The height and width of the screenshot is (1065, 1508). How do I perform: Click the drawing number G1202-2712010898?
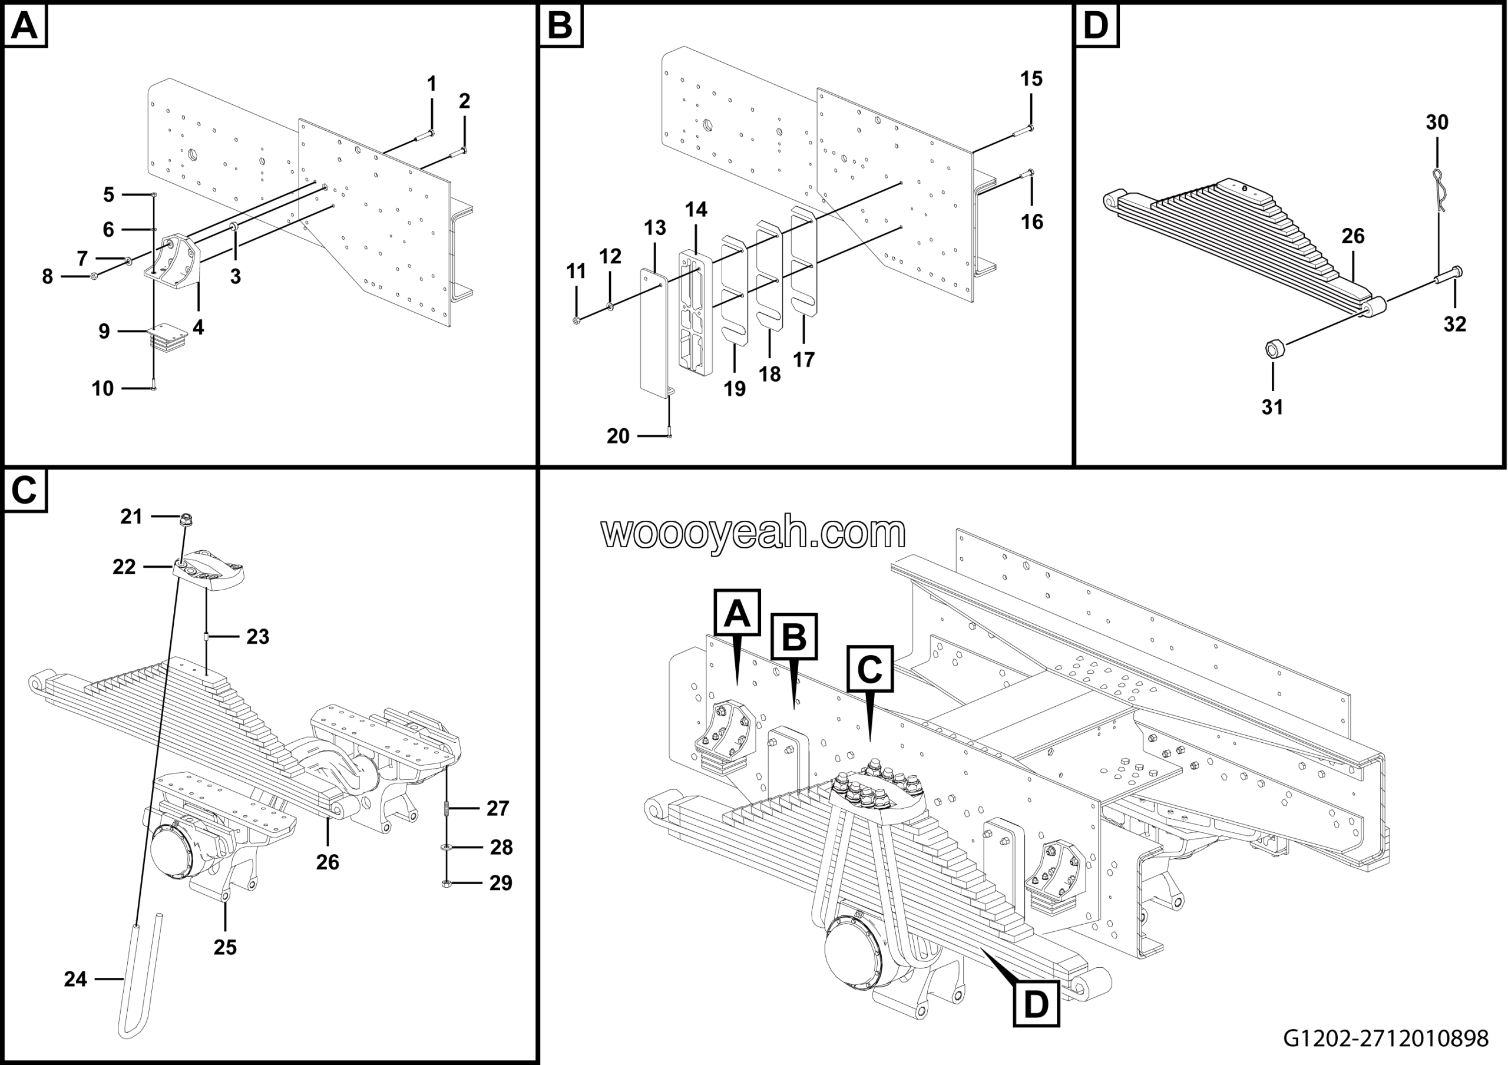click(1386, 1038)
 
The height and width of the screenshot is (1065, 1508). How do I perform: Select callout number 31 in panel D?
click(1272, 407)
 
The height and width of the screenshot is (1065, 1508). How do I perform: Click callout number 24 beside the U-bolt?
click(75, 979)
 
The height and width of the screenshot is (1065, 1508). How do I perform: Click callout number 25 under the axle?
click(224, 947)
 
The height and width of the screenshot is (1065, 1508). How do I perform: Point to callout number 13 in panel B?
click(655, 228)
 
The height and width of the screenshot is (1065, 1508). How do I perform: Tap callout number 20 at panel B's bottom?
click(618, 436)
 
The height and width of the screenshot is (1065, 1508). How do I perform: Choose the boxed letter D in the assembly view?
click(1036, 1004)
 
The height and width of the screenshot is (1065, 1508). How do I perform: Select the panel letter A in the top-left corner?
click(25, 27)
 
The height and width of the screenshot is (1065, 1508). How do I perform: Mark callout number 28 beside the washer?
click(501, 847)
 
